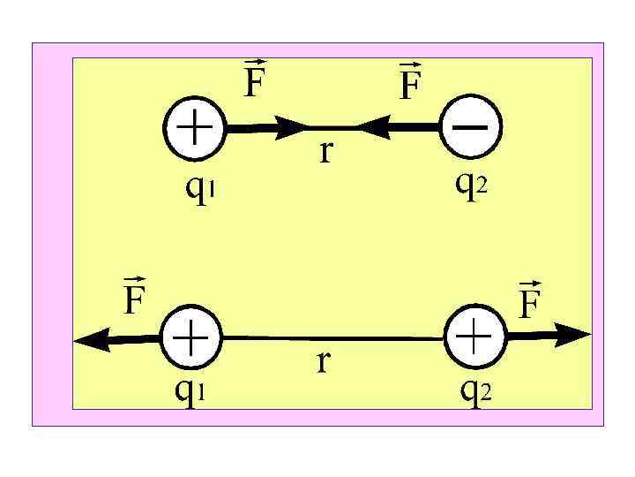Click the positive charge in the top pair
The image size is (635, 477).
tap(195, 127)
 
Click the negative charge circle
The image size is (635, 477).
tap(474, 127)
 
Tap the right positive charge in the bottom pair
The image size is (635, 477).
tap(476, 337)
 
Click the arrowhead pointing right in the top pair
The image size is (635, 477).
tap(291, 127)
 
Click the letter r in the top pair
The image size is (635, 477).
tap(326, 152)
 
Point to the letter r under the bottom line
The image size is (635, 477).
tap(323, 360)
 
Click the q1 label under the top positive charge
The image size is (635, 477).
tap(197, 188)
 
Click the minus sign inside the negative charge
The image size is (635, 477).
tap(474, 126)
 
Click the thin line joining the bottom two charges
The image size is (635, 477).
tap(335, 337)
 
